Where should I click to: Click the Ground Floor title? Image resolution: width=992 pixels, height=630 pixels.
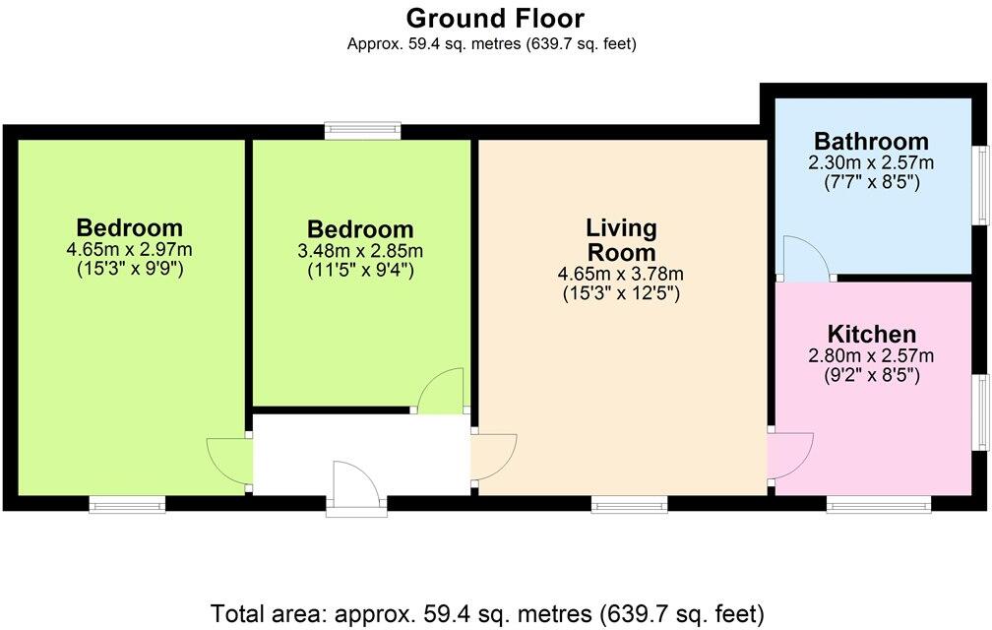tap(495, 18)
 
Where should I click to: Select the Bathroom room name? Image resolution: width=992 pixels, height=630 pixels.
tap(871, 141)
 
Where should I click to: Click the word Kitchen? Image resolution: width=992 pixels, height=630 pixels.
tap(871, 334)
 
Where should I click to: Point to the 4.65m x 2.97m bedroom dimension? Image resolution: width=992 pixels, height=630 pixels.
tap(129, 248)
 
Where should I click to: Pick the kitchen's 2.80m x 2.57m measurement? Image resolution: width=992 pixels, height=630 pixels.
tap(871, 355)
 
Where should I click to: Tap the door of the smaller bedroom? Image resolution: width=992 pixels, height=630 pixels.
tap(441, 391)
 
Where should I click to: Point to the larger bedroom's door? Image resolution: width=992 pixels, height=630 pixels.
tap(228, 461)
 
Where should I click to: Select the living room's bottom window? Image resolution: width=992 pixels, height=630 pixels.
tap(629, 505)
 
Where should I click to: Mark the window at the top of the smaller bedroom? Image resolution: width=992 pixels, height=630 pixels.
tap(364, 130)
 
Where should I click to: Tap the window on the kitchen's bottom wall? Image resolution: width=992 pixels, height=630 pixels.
tap(879, 505)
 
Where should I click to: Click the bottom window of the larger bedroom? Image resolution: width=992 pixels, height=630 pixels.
tap(127, 505)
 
